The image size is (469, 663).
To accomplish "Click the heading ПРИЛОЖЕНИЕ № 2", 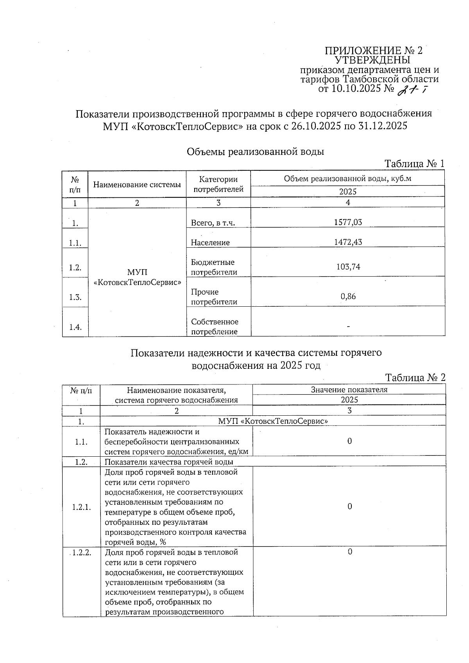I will (374, 51).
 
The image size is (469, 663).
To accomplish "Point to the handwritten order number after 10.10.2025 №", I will (411, 90).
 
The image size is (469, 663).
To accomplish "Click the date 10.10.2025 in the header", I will (356, 89).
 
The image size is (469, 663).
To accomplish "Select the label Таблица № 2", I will (415, 378).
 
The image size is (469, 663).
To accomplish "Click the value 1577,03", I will (348, 222).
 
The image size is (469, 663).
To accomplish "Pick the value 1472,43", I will (348, 242).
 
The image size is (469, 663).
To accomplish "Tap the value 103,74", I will (348, 267).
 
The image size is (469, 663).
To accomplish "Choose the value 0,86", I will (348, 297).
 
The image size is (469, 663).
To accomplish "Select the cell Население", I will (210, 243).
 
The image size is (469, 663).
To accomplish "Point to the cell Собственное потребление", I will (215, 327).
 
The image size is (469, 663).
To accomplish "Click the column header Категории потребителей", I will (218, 184).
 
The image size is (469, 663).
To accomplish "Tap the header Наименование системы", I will (137, 184).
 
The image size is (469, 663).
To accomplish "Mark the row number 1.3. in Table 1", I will (75, 297).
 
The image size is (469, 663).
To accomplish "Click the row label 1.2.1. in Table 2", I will (81, 507).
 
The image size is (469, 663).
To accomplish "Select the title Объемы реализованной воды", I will (256, 152).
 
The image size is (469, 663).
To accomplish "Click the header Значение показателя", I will (349, 390).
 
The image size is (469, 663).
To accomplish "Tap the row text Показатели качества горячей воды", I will (169, 462).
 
